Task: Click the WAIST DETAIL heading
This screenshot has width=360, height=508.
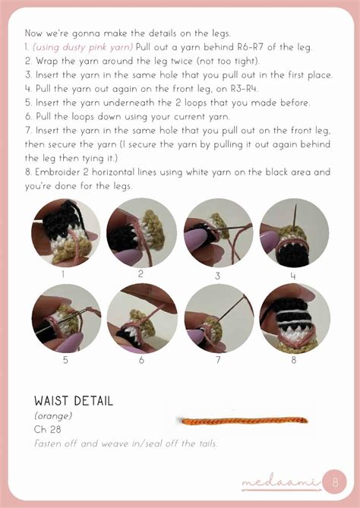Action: (74, 401)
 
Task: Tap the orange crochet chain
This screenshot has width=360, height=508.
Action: (245, 421)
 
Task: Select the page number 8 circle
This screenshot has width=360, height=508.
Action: (335, 481)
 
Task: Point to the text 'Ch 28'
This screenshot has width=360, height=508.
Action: (47, 429)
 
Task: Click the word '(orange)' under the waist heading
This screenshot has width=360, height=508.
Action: (53, 415)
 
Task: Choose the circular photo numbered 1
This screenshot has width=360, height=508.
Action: (66, 232)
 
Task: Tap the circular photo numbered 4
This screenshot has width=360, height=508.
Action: (294, 232)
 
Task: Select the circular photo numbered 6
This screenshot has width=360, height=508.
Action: (142, 318)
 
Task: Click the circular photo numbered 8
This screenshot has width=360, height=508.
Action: (294, 318)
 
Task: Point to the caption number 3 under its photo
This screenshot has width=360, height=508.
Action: (217, 276)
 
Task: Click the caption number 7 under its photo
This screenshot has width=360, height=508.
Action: (218, 360)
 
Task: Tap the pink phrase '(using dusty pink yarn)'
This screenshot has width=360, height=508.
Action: (83, 47)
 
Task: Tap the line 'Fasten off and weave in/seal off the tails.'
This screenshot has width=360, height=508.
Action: (125, 443)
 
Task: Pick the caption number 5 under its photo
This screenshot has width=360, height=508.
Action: (65, 360)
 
